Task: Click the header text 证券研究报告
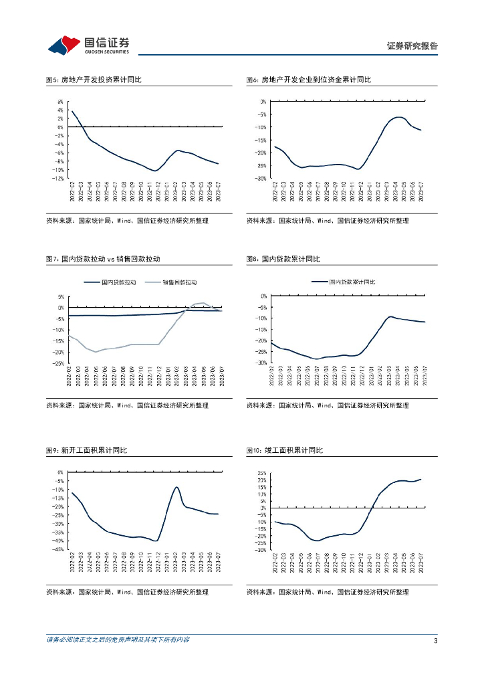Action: click(x=412, y=46)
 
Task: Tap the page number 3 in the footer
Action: click(x=435, y=640)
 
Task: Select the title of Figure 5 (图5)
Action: click(x=94, y=80)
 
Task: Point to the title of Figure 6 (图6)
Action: click(x=308, y=80)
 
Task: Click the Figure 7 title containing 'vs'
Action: click(x=103, y=259)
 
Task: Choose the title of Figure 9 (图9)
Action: click(x=86, y=451)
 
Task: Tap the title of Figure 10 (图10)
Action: click(x=284, y=451)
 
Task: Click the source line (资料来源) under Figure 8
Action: click(x=327, y=405)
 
